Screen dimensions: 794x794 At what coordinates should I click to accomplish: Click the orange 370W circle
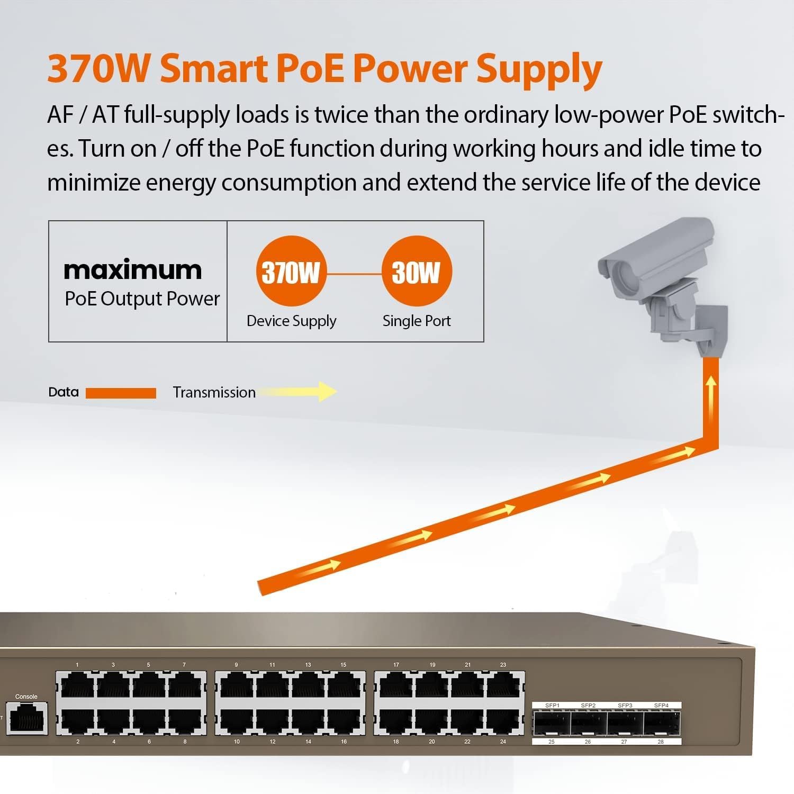click(291, 271)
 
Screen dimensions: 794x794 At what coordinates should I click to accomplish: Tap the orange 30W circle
click(417, 271)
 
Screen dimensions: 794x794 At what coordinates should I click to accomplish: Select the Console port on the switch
click(27, 718)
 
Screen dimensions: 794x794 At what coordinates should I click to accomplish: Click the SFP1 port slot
click(552, 724)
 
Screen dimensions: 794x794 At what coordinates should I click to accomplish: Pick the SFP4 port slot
click(662, 724)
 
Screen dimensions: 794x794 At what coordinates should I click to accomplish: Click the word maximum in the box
click(133, 270)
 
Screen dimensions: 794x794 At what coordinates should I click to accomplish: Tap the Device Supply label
click(291, 321)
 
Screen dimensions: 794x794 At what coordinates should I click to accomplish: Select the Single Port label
click(417, 321)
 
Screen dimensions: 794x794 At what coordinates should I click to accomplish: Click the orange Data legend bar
click(121, 393)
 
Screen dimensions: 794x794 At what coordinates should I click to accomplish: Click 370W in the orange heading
click(98, 69)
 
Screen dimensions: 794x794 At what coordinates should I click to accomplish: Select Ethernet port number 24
click(503, 720)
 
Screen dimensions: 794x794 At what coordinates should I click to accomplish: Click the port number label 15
click(344, 665)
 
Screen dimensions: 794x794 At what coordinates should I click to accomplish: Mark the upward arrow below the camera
click(711, 394)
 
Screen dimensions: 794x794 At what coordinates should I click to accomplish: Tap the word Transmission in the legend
click(214, 392)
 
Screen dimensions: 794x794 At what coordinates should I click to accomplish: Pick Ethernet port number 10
click(237, 720)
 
